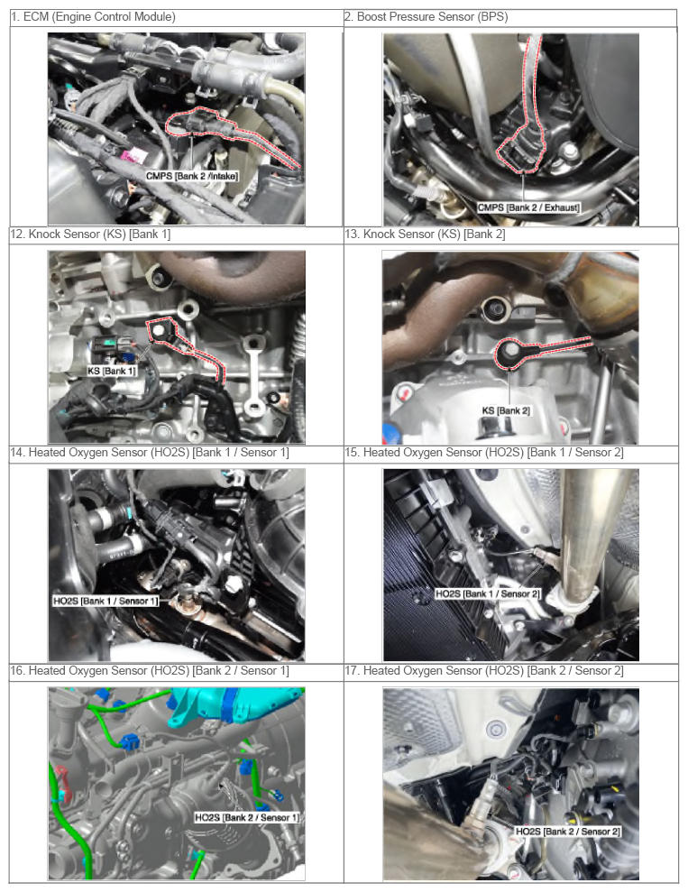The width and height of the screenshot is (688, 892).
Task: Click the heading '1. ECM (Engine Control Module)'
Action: [93, 17]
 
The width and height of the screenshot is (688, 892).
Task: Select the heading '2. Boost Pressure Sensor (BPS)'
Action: [426, 17]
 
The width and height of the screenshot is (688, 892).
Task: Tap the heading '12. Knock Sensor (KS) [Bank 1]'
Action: [91, 234]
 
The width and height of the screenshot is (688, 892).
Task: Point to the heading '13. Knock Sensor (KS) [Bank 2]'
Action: [425, 234]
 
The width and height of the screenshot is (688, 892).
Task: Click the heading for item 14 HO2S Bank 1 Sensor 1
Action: [150, 452]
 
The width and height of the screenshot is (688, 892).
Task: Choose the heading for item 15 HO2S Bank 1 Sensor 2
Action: [484, 452]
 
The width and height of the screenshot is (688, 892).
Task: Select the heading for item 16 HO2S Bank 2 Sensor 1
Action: [150, 671]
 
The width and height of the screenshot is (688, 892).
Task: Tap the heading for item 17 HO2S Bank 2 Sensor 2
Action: [484, 671]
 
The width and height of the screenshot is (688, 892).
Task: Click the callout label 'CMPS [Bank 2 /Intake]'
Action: [192, 176]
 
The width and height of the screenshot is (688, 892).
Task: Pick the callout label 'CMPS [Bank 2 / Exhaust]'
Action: [528, 207]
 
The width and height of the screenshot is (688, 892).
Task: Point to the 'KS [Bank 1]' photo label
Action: [112, 371]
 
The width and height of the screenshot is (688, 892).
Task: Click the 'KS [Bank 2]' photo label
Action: [506, 410]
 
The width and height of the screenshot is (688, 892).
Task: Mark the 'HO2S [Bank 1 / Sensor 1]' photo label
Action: [105, 601]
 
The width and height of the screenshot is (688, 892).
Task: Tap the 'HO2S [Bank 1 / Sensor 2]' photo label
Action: [488, 593]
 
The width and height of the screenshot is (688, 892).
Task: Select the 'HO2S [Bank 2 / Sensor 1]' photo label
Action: [247, 817]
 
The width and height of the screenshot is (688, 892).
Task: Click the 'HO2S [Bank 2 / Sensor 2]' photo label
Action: [567, 832]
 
